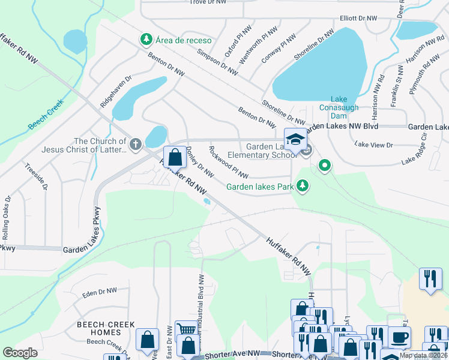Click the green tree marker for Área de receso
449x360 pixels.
tap(146, 40)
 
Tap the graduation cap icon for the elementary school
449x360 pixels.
tap(295, 140)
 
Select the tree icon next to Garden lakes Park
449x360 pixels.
tap(304, 187)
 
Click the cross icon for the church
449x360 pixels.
tap(136, 144)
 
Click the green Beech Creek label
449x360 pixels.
tap(45, 116)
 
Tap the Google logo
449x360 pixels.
tap(20, 353)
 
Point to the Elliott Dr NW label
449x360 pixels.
tap(360, 19)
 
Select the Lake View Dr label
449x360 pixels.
tap(373, 145)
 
